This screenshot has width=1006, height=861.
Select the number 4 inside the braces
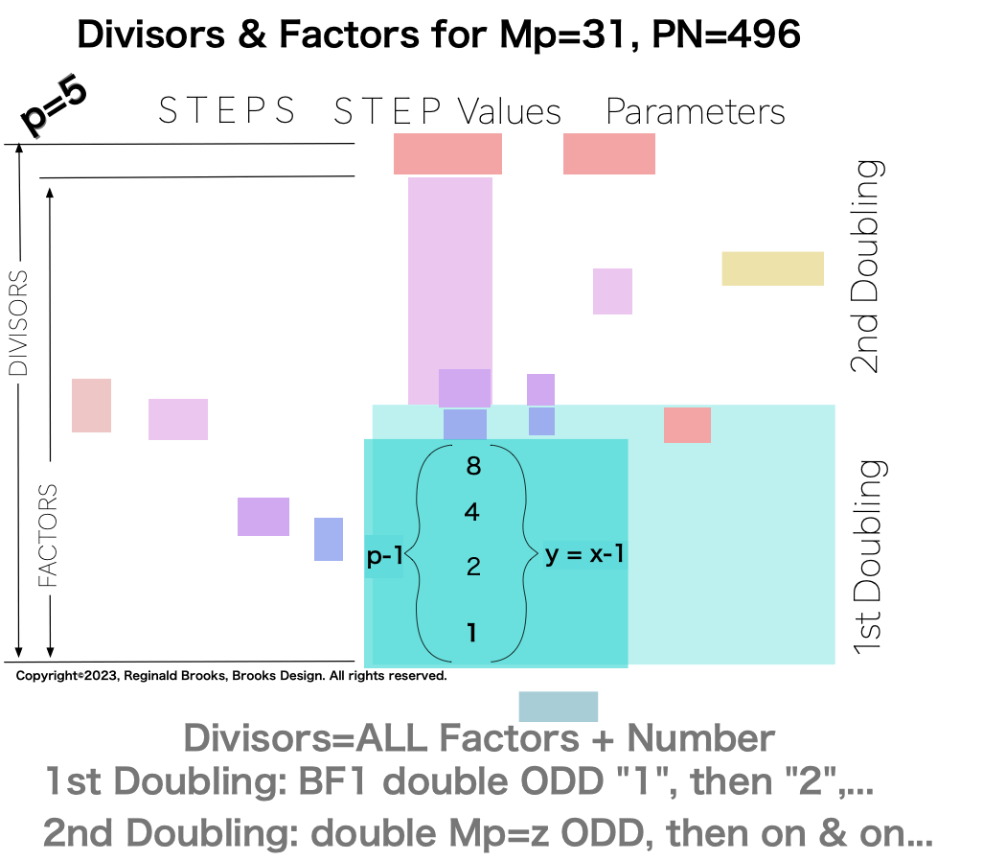click(471, 512)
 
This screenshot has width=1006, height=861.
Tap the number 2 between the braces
click(473, 567)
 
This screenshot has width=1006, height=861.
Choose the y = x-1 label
click(583, 554)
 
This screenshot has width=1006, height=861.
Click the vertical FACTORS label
click(48, 536)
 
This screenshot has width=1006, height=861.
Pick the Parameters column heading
click(696, 112)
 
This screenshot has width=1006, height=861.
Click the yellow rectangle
click(772, 268)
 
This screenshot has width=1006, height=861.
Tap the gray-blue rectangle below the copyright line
click(558, 707)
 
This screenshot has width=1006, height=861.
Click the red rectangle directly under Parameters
click(609, 154)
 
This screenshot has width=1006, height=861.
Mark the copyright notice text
click(232, 676)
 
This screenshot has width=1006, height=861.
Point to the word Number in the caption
click(700, 738)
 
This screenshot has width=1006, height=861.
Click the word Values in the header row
click(509, 112)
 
